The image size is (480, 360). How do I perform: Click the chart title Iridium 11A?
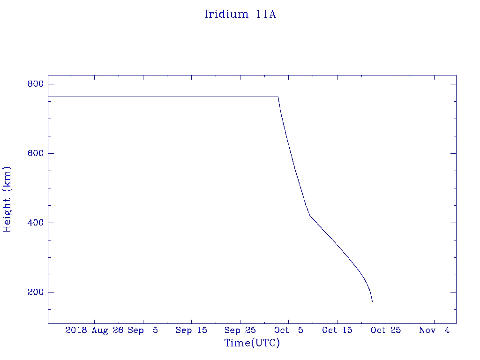click(240, 15)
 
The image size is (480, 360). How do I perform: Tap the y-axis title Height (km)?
click(7, 199)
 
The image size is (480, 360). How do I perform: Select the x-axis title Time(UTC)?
click(252, 344)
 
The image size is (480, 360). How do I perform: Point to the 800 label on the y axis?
click(35, 84)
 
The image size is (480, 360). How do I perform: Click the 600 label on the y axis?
click(35, 154)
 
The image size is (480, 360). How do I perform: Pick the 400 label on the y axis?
click(35, 223)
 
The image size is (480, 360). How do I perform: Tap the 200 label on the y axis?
click(35, 292)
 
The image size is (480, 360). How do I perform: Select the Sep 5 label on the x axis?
click(142, 330)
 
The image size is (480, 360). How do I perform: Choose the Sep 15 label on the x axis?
click(191, 330)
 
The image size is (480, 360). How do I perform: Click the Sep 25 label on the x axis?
click(240, 330)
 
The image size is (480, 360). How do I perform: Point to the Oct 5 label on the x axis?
click(288, 330)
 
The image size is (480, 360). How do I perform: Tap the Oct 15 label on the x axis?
click(337, 330)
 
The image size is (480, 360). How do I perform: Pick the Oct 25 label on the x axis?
click(385, 330)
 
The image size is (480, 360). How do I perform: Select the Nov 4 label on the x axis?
click(434, 330)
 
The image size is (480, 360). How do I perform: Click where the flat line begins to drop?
click(278, 97)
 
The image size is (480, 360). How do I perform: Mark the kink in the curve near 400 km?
click(310, 216)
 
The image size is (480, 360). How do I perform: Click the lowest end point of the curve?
click(372, 301)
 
